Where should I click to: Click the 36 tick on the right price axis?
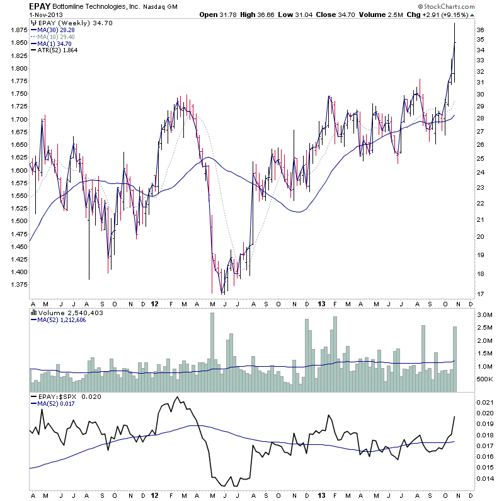(x=481, y=30)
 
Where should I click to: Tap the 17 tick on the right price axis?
(x=481, y=294)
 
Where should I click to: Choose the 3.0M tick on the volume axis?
(x=484, y=314)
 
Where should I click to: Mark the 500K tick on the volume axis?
(x=484, y=379)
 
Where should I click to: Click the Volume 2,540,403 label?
(x=66, y=312)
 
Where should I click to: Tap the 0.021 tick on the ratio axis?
(x=485, y=402)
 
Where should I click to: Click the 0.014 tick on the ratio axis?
(x=485, y=479)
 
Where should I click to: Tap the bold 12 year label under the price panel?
(x=155, y=304)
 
